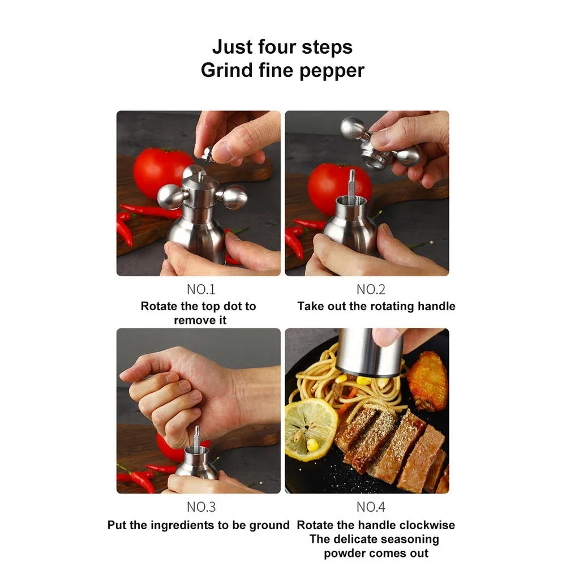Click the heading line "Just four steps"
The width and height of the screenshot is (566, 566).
pos(282,46)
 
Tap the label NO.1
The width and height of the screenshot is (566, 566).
pos(201,290)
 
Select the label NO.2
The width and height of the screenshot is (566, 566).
pos(371,290)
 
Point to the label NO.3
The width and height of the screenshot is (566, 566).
pos(201,507)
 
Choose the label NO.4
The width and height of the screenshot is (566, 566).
pos(371,507)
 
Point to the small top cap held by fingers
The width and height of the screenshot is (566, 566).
pos(208,153)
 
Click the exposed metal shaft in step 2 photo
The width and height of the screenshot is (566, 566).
pos(351,187)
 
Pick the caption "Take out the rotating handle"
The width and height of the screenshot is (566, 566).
pos(376,306)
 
